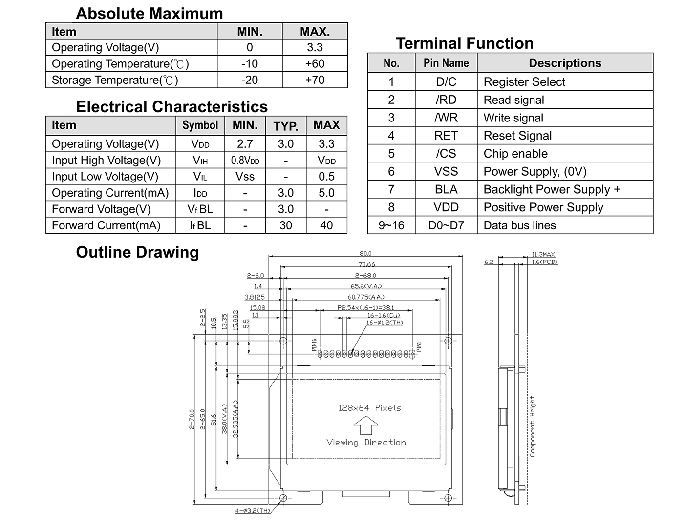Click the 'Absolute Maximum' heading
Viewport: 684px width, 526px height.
coord(149,14)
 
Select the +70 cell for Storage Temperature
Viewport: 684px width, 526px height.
coord(315,80)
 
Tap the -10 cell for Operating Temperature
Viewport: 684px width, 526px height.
coord(249,64)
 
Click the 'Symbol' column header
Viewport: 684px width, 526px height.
coord(200,125)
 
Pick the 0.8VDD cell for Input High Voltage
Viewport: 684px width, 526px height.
coord(245,161)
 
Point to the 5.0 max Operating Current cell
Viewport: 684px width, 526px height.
coord(326,193)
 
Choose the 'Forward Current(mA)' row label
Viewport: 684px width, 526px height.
coord(106,225)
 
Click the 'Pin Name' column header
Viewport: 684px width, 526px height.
coord(446,63)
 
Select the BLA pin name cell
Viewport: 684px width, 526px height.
coord(446,189)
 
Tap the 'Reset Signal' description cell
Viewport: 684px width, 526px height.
coord(517,136)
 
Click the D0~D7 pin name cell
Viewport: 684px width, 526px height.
coord(446,225)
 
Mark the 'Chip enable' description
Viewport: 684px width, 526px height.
coord(515,154)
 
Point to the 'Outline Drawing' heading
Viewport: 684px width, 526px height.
coord(137,252)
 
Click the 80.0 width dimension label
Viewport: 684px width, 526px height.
coord(365,253)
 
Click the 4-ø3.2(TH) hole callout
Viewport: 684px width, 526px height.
coord(253,511)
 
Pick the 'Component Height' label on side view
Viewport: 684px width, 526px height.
coord(532,426)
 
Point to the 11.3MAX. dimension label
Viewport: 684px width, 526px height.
coord(544,255)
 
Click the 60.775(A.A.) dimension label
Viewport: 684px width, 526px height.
coord(366,297)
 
